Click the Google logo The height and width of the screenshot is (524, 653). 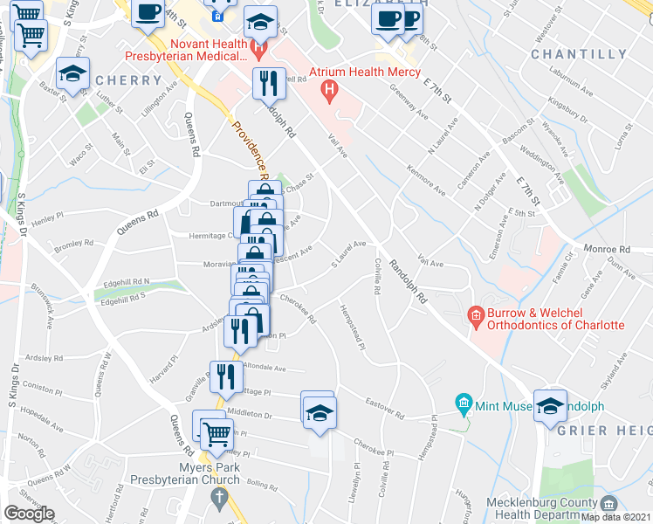(x=29, y=514)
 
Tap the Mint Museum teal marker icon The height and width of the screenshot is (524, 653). (x=464, y=404)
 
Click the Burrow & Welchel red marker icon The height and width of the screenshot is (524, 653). (x=476, y=314)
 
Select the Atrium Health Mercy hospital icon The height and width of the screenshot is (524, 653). (x=329, y=88)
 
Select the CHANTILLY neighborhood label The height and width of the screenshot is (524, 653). (x=579, y=54)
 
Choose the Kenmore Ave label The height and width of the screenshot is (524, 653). (x=426, y=179)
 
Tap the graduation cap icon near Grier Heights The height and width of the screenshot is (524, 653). (x=549, y=405)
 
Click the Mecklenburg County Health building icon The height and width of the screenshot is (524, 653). (x=608, y=504)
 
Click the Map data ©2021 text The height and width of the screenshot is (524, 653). (x=617, y=517)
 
